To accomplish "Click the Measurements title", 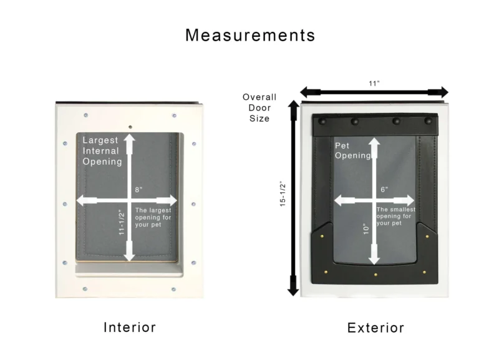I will (249, 35).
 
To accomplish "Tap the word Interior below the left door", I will (129, 327).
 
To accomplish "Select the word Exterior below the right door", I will (375, 328).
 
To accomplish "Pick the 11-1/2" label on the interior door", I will (122, 221).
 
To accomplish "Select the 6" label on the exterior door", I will (384, 190).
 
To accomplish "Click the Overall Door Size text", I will (259, 107).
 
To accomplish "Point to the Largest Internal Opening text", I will (102, 151).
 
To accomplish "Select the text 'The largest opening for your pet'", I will (153, 217).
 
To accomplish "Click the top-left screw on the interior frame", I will (85, 115).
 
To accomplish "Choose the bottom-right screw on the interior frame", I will (174, 289).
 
